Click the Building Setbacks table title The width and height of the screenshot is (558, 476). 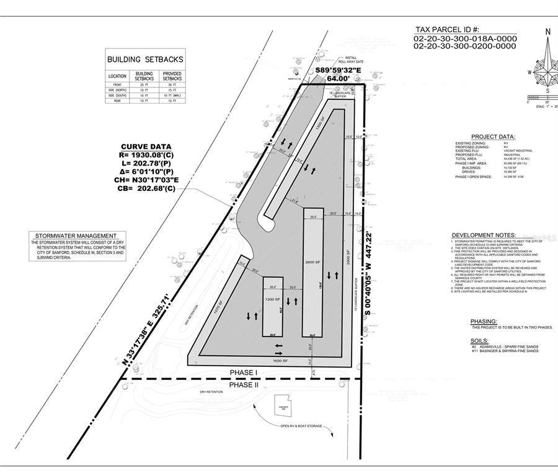click(x=146, y=59)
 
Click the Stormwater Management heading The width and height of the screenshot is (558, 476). click(x=76, y=236)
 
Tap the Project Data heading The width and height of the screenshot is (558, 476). click(x=493, y=136)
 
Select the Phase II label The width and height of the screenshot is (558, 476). click(x=244, y=385)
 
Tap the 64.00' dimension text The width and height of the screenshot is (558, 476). click(x=339, y=79)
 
